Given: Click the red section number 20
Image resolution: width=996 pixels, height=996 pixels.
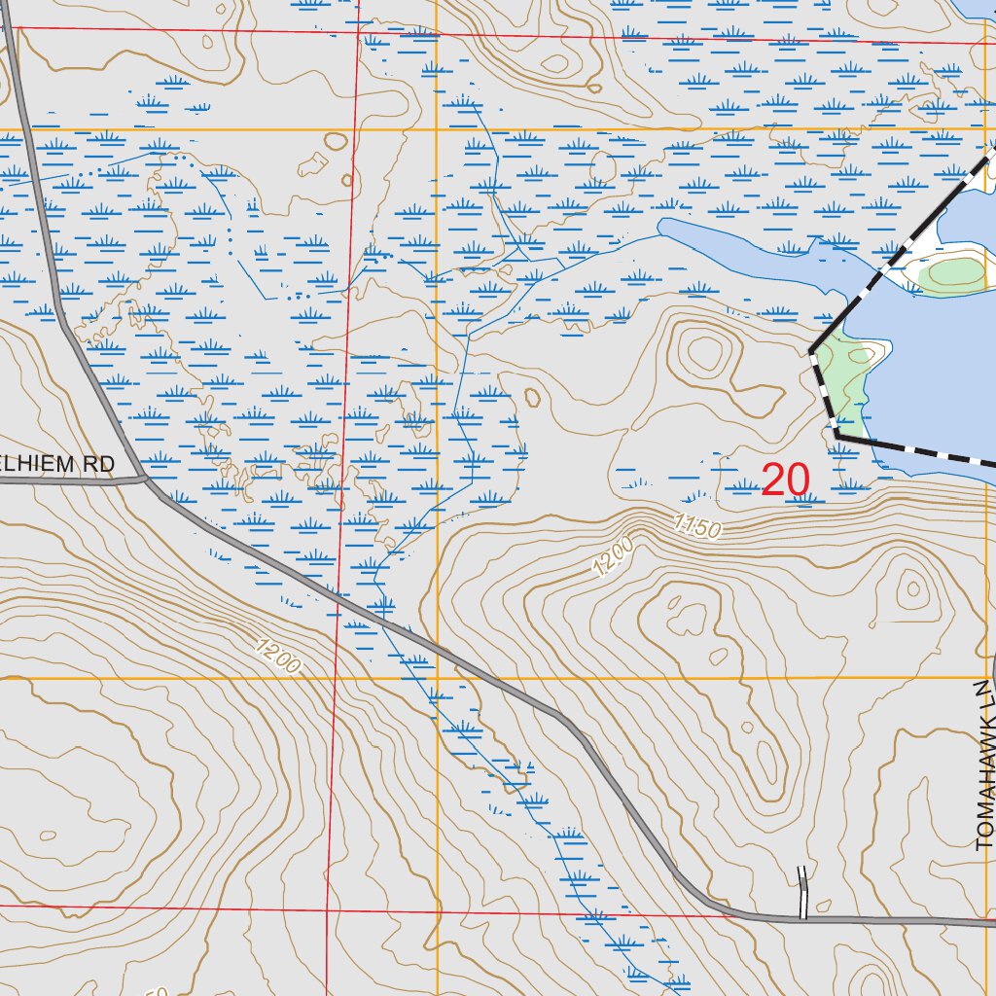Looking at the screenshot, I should pos(785,480).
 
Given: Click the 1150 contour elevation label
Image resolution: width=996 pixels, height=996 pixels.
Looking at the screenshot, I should pos(696,528).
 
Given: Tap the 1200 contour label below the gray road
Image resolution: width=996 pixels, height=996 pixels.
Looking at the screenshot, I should pos(278,656).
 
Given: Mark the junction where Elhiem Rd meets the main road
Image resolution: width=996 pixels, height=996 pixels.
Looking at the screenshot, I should pos(145,478).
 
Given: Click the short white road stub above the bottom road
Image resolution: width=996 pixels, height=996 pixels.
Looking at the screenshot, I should pos(803,891).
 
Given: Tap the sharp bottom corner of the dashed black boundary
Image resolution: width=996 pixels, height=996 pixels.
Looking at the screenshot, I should pos(836,437).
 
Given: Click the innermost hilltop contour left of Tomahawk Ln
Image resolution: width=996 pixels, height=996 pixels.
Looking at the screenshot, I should pos(911,587).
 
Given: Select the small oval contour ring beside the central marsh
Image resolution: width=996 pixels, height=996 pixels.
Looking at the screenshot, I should pos(531,397).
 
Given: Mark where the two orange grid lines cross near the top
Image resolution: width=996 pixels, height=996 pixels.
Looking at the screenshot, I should pos(437,128).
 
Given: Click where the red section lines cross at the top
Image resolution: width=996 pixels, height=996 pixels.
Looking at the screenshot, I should pos(359,33).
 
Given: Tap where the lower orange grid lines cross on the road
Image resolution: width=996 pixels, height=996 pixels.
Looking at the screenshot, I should pos(437,677).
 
